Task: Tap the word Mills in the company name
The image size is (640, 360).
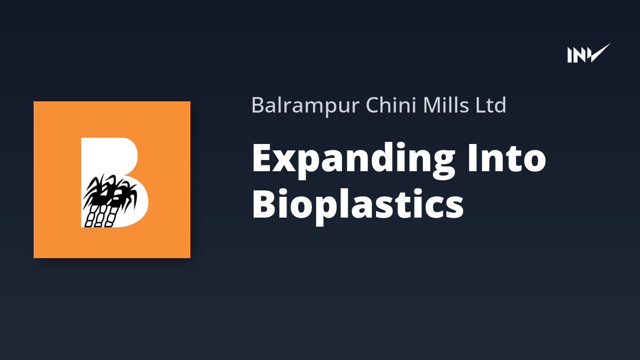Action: (x=446, y=105)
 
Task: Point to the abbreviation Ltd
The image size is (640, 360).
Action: (x=491, y=105)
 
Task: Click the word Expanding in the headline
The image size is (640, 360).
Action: (x=354, y=161)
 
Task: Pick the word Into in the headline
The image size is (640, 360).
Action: (x=507, y=158)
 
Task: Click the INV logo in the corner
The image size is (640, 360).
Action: (x=589, y=53)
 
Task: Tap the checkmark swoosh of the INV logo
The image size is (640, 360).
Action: (x=598, y=53)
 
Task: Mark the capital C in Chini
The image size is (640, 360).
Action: (x=373, y=105)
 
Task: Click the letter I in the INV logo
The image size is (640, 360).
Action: (x=570, y=55)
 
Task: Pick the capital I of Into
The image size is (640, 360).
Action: (x=472, y=157)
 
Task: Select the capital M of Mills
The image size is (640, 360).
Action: (x=433, y=105)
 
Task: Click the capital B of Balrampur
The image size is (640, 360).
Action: (x=258, y=105)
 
